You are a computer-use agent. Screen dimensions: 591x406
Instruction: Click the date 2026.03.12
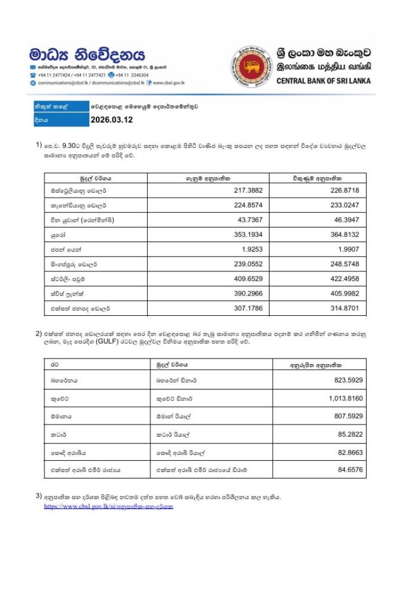112,119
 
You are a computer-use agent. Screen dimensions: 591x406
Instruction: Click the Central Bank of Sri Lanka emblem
252,65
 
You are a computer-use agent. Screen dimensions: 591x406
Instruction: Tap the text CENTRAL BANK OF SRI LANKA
324,81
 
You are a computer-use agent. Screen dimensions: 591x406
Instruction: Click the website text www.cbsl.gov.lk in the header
168,83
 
